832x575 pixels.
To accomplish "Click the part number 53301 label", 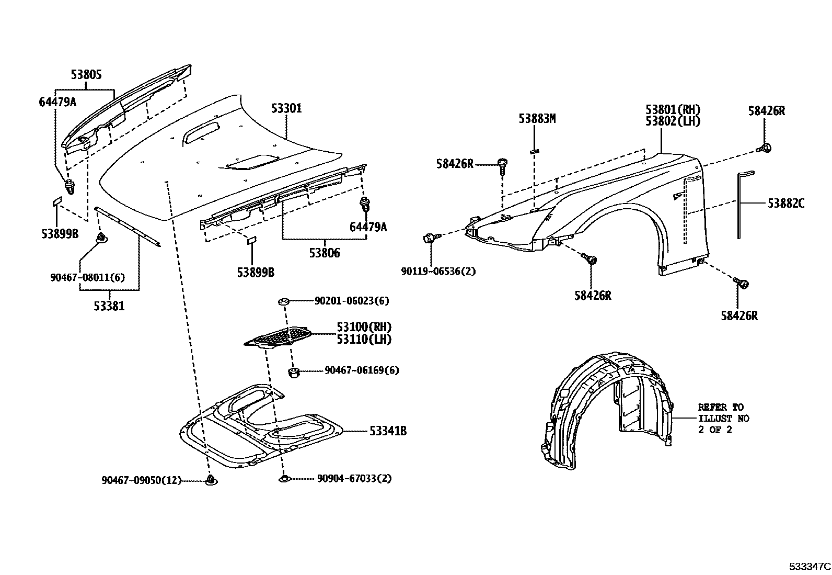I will click(286, 108).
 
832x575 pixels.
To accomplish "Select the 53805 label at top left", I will click(86, 74).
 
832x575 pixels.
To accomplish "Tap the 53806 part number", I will click(324, 253).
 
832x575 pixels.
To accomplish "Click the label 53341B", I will click(388, 431).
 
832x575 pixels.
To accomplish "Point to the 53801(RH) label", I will click(673, 110).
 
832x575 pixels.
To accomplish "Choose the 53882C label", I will click(785, 203).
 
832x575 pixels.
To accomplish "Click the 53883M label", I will click(537, 119).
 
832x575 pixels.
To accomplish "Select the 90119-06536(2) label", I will click(438, 272).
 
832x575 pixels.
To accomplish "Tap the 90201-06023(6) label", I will click(352, 301).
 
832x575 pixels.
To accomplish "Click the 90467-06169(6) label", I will click(362, 370).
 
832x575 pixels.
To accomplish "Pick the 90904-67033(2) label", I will click(354, 478).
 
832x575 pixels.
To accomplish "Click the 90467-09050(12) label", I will click(141, 480).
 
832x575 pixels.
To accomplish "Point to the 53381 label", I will click(109, 306).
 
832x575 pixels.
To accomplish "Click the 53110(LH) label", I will click(364, 339).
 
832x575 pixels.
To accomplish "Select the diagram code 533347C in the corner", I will click(810, 566).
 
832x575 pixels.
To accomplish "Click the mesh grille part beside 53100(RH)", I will click(280, 336).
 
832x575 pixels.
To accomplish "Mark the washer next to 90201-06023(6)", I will click(284, 301).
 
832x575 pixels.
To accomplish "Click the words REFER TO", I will click(720, 407).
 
